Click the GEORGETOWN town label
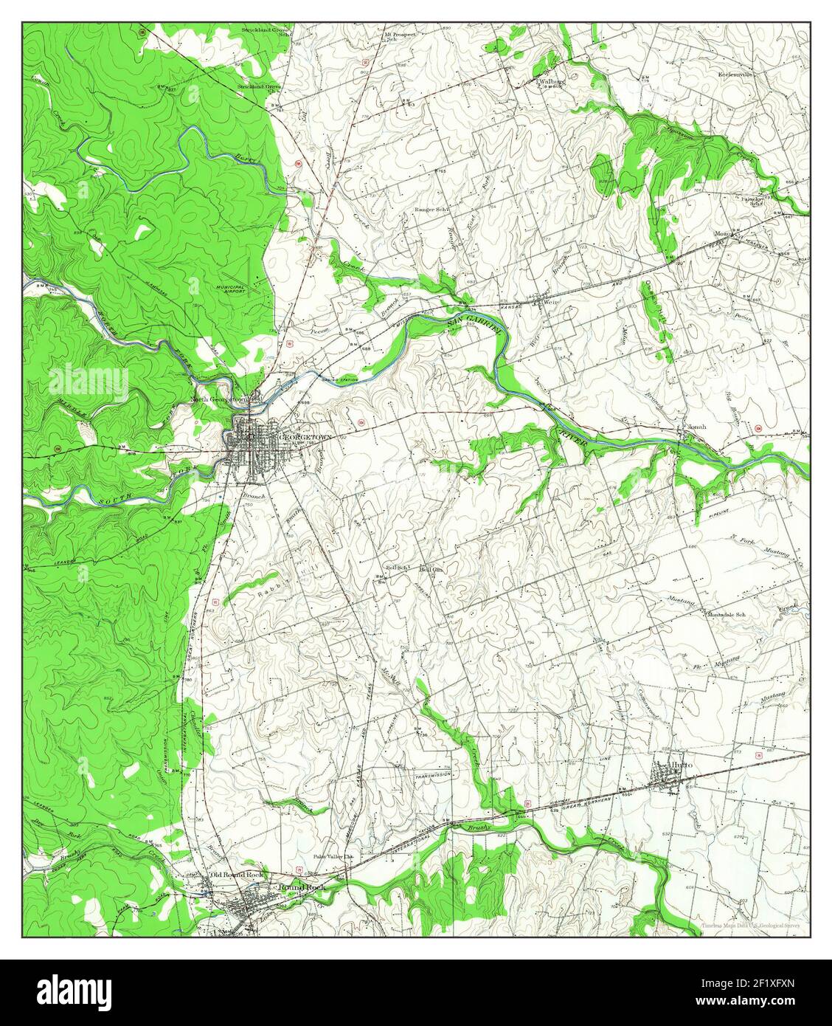[x=305, y=438]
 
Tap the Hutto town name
[x=681, y=765]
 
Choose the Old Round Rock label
[x=237, y=875]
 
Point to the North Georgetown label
[x=222, y=399]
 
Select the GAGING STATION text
[x=339, y=379]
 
